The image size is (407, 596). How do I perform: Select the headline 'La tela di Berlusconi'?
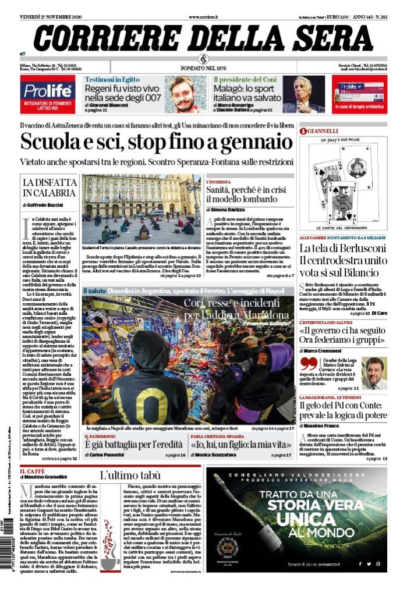pyautogui.click(x=351, y=249)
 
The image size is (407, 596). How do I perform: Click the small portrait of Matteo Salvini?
pyautogui.click(x=373, y=373)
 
